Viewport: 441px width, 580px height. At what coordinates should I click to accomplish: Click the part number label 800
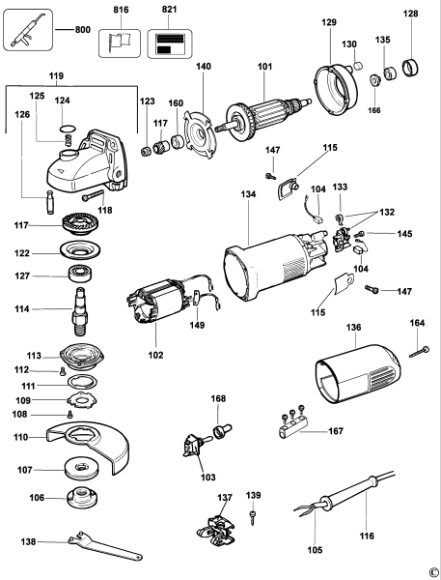[83, 29]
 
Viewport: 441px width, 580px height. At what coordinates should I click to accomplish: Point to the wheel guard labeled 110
[89, 448]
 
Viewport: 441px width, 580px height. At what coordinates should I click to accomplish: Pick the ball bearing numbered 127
[80, 274]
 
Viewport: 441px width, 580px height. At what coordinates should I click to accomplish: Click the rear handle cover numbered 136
[357, 373]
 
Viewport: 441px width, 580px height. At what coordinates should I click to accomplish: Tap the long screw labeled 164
[419, 352]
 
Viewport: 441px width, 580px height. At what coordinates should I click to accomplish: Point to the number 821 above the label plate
[169, 10]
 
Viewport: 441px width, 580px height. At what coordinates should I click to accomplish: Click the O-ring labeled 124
[68, 129]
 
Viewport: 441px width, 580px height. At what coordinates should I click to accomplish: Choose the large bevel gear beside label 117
[79, 223]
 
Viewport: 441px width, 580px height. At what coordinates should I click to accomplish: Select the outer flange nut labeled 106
[82, 498]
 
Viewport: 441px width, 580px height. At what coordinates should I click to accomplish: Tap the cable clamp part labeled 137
[216, 530]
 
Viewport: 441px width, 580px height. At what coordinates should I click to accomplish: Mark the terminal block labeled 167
[291, 425]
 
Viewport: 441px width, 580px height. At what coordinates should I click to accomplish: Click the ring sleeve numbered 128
[411, 68]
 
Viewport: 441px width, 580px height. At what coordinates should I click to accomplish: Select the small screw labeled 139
[253, 517]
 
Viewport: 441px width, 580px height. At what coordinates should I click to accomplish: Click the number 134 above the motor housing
[248, 194]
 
